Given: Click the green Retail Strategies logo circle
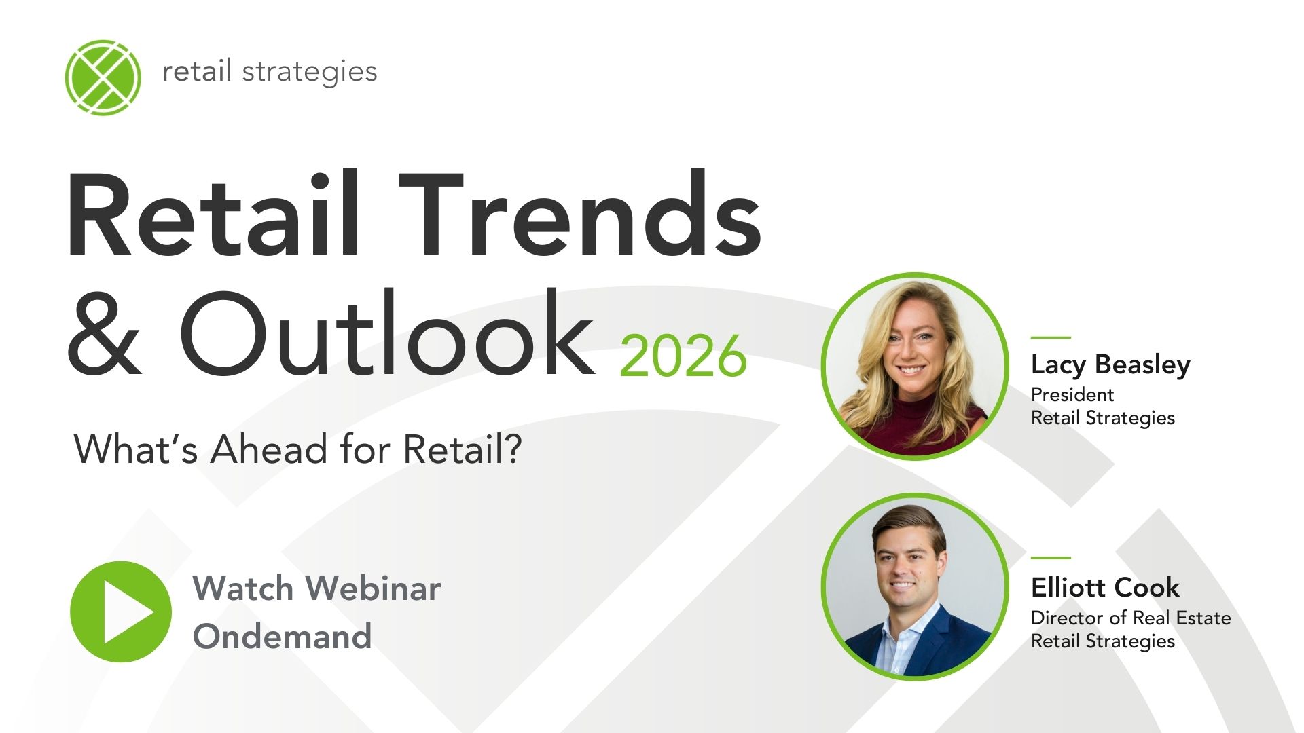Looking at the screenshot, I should (x=103, y=77).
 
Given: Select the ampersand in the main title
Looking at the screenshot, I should (x=105, y=334).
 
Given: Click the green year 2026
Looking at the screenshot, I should (x=683, y=356).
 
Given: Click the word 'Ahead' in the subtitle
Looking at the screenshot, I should (x=269, y=449).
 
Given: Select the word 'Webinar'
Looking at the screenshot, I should (x=373, y=588).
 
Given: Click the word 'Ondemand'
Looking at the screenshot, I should (x=282, y=637).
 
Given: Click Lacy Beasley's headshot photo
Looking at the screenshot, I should (x=915, y=366).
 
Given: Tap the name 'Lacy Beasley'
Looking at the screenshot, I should (x=1110, y=365).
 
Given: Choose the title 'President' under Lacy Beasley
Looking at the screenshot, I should (x=1072, y=395).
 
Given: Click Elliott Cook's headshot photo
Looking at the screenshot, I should (x=915, y=586).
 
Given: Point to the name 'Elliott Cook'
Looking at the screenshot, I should (x=1105, y=588).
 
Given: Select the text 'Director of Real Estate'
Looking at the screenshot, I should (x=1130, y=618).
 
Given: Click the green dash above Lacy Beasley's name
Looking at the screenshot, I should (x=1050, y=337).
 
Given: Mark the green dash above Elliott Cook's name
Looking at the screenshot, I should (x=1050, y=558).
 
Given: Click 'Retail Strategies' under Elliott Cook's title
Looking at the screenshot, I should (x=1102, y=641).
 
